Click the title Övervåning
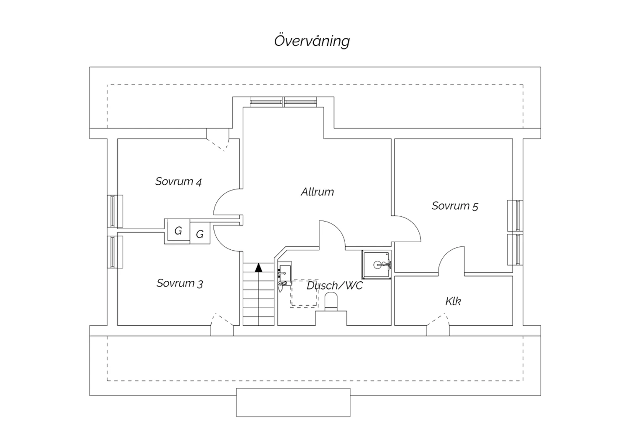pos(312,41)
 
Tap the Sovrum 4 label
pos(178,181)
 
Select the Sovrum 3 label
pos(180,283)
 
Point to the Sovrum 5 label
pos(455,206)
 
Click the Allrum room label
pos(318,192)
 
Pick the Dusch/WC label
pos(335,286)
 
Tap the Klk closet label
pos(453,301)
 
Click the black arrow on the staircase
pos(259,267)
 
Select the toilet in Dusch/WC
pos(331,301)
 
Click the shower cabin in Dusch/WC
pos(377,264)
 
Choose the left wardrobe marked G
pos(178,230)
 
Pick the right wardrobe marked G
pos(200,234)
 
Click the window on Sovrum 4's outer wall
pos(114,211)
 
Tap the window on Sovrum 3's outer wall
pos(114,252)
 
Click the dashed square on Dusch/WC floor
pos(304,293)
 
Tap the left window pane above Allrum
pos(266,102)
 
